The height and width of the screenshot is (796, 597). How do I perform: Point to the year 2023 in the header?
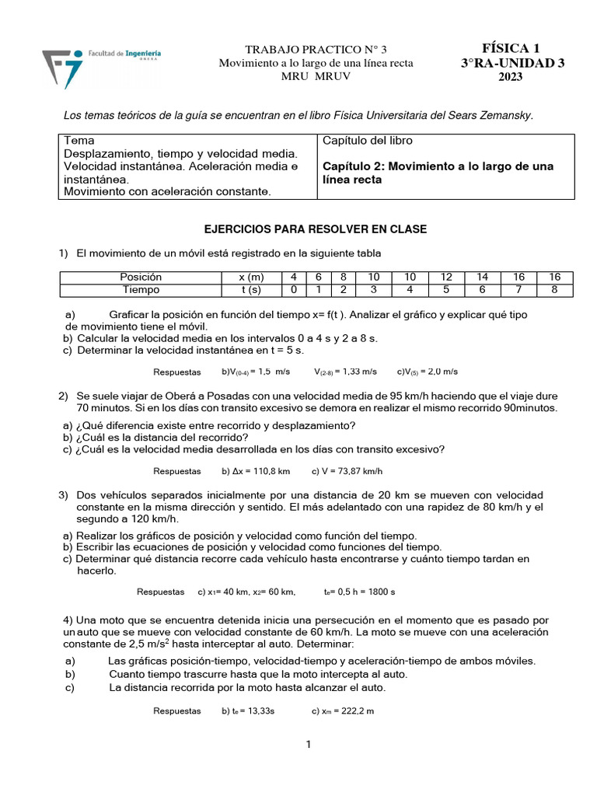(x=511, y=77)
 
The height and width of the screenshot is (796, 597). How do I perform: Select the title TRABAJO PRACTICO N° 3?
(x=316, y=50)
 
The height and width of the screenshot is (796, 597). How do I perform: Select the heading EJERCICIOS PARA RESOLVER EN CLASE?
(x=315, y=229)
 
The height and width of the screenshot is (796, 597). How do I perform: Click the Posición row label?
(x=141, y=277)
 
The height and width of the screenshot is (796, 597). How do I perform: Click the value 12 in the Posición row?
(x=447, y=277)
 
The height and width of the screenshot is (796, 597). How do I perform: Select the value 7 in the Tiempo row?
(x=518, y=289)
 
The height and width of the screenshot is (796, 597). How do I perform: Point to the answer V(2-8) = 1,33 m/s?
(x=346, y=372)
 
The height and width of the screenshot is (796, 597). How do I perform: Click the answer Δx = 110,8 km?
(x=256, y=471)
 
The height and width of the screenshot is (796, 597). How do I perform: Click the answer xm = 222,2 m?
(x=343, y=710)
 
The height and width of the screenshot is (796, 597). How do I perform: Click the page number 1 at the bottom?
(x=309, y=745)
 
